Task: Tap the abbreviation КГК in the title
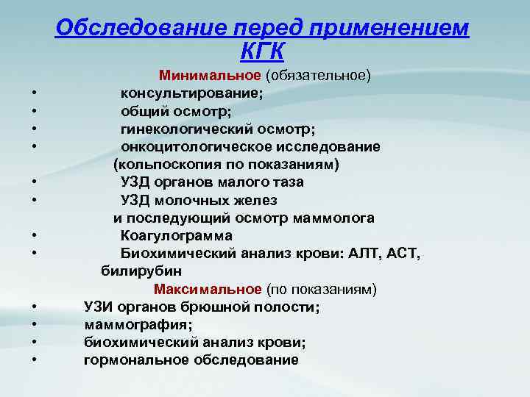click(262, 51)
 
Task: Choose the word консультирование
click(192, 93)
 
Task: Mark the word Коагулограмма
click(177, 236)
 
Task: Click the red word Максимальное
click(208, 289)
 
